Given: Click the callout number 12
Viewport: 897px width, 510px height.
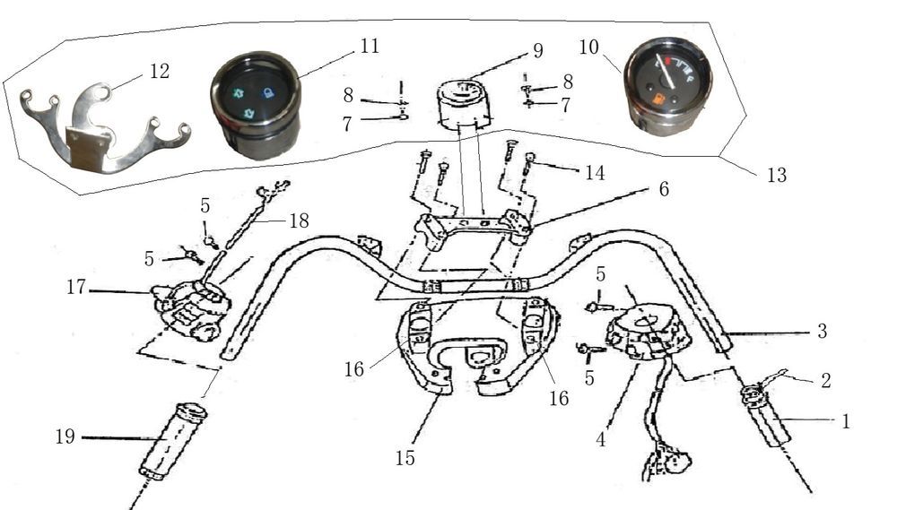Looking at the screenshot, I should (x=159, y=72).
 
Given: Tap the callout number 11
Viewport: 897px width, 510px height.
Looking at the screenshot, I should (x=370, y=46).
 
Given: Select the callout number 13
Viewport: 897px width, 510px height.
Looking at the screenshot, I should (x=776, y=176).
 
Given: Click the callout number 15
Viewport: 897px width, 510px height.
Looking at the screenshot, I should (x=405, y=458).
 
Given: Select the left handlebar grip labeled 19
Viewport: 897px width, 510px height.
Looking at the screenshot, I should (x=172, y=442).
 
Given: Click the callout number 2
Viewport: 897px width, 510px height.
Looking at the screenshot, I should (x=824, y=380).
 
